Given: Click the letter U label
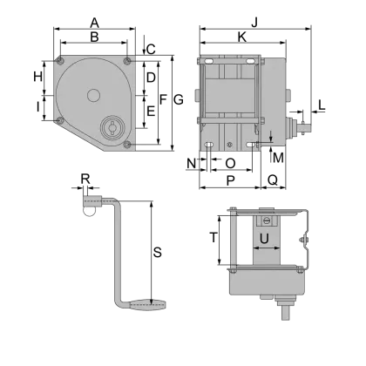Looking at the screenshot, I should [262, 238].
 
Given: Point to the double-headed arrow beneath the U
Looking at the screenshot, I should [262, 250].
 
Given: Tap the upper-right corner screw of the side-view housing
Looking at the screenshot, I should [129, 61].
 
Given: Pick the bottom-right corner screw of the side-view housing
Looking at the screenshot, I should [127, 144].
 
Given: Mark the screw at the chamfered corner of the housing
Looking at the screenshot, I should [58, 120].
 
